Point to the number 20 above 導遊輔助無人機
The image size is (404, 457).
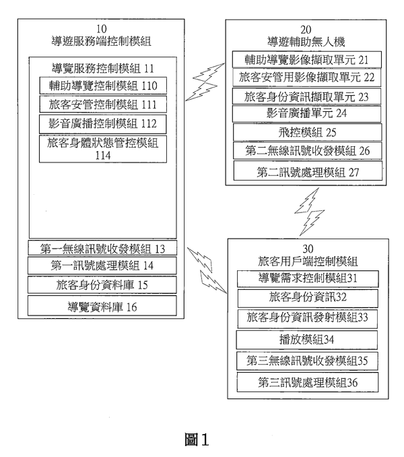tap(306, 29)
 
